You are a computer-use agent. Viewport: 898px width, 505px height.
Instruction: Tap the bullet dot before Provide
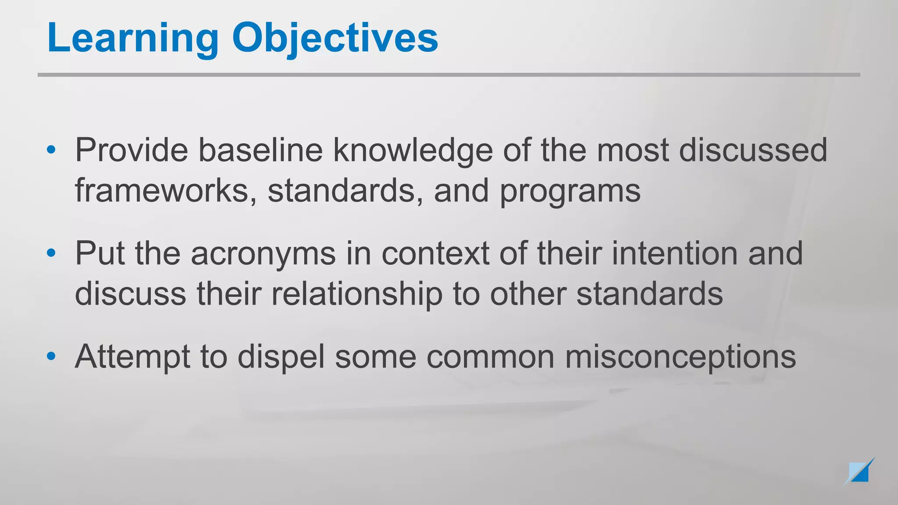click(51, 150)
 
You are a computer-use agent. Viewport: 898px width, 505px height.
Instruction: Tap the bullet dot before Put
click(51, 253)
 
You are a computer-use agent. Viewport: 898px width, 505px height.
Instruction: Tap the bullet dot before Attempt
click(51, 356)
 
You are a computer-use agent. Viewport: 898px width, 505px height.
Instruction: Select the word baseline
click(260, 150)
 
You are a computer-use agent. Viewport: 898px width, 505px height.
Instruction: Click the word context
click(435, 253)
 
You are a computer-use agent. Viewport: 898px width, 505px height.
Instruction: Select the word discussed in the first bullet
click(753, 150)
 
